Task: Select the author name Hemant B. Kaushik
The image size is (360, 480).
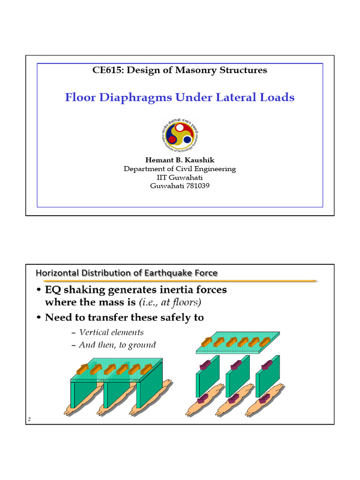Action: (x=180, y=160)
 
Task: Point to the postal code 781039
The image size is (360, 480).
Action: (x=197, y=186)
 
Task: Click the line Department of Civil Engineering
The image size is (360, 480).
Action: (x=180, y=169)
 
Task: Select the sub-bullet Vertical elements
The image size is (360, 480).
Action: (x=112, y=332)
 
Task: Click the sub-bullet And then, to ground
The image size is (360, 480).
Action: (x=117, y=345)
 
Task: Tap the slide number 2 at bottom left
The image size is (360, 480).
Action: (x=29, y=420)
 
